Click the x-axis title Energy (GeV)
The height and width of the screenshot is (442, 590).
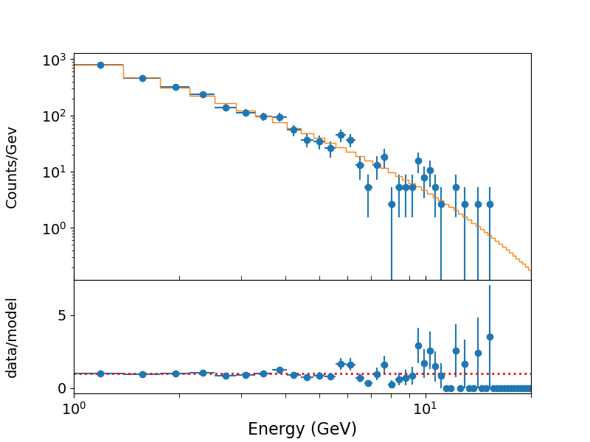tap(302, 429)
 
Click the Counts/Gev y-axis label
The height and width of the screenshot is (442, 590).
tap(12, 166)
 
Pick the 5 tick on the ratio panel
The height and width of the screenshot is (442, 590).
tap(61, 315)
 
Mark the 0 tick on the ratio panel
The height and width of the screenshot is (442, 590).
tap(61, 388)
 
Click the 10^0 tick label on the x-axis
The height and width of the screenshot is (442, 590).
tap(74, 409)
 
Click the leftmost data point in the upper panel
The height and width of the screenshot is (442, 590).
tap(100, 65)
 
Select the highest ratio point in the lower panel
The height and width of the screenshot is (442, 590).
tap(490, 337)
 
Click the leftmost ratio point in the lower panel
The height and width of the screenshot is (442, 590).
tap(100, 373)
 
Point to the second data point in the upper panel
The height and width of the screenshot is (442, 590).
tap(142, 78)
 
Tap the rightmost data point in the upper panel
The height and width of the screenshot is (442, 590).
tap(490, 204)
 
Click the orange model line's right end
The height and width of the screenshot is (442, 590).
tap(530, 270)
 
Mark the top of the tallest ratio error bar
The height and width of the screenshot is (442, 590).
tap(490, 286)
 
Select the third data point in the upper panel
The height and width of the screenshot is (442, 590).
tap(176, 87)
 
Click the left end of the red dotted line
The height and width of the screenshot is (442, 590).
tap(74, 373)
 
